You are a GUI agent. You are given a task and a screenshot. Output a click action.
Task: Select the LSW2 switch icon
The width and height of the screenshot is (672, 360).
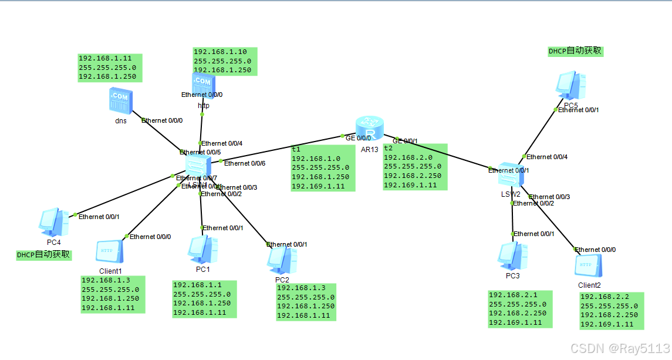pyautogui.click(x=505, y=177)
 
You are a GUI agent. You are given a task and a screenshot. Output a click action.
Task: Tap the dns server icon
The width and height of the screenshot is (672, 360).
pyautogui.click(x=121, y=100)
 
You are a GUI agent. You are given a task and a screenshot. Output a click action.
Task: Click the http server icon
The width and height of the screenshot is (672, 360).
pyautogui.click(x=202, y=84)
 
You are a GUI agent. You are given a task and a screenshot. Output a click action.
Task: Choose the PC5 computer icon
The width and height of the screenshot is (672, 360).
pyautogui.click(x=571, y=86)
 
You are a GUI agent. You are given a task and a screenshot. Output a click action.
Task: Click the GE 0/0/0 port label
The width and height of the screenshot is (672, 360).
pyautogui.click(x=358, y=138)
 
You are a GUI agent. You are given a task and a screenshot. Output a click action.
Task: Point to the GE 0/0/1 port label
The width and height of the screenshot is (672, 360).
pyautogui.click(x=405, y=141)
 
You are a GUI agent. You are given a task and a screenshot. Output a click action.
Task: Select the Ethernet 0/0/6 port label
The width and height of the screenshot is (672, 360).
pyautogui.click(x=245, y=163)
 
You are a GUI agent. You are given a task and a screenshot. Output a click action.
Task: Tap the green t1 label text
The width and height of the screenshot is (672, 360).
pyautogui.click(x=296, y=149)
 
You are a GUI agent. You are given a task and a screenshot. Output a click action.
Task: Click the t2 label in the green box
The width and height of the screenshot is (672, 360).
pyautogui.click(x=388, y=148)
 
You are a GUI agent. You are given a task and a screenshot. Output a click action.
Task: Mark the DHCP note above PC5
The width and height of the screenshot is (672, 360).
pyautogui.click(x=575, y=51)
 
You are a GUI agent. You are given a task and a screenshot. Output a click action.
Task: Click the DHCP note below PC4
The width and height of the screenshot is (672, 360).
pyautogui.click(x=43, y=255)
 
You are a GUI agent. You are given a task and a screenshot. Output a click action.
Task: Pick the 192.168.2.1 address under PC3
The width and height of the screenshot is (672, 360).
pyautogui.click(x=512, y=295)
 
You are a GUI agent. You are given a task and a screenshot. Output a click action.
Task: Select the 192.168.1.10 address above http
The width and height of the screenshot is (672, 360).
pyautogui.click(x=220, y=52)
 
